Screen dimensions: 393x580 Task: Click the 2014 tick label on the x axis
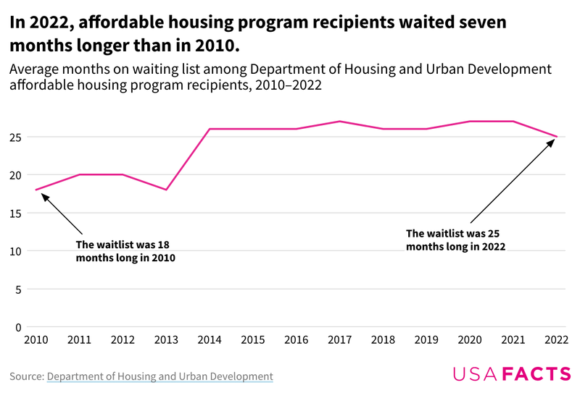210,339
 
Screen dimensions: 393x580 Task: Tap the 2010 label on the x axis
35,339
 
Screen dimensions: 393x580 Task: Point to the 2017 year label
340,339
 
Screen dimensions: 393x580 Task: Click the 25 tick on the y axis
15,137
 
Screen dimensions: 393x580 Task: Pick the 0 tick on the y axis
18,327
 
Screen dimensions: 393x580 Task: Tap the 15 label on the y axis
15,214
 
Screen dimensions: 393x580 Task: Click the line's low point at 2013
166,190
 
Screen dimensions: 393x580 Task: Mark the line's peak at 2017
340,121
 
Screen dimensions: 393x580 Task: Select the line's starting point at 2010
36,190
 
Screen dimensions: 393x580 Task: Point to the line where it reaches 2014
210,129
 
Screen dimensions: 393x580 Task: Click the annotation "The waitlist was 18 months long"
126,250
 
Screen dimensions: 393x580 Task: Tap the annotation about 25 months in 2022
455,240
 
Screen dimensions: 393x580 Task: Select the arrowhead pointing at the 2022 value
550,142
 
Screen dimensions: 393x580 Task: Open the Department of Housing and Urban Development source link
159,376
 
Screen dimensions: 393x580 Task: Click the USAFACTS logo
512,373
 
